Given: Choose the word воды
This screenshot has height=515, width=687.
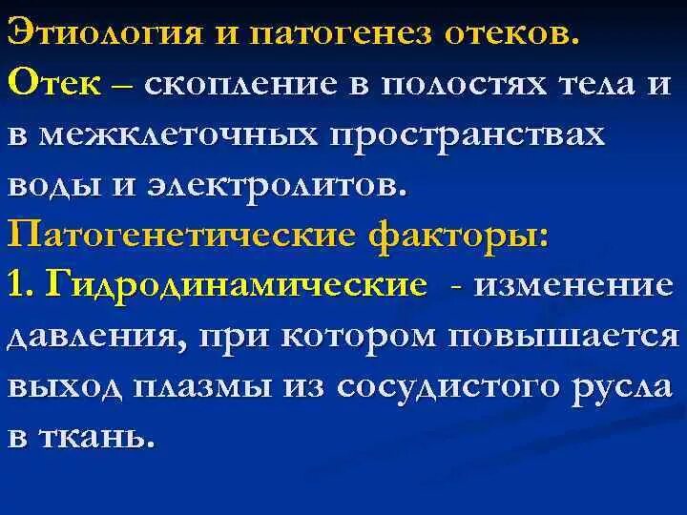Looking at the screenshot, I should pyautogui.click(x=53, y=185).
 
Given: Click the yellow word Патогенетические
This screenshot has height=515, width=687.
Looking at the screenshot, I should pyautogui.click(x=177, y=236).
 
